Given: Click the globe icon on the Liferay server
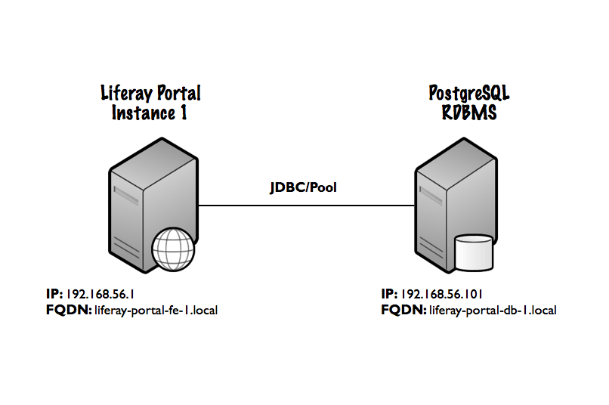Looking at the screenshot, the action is click(x=173, y=249).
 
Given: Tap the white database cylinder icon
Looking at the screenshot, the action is click(x=474, y=252).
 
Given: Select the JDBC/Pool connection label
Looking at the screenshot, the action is click(x=303, y=187).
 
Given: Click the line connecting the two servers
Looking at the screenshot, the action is click(x=307, y=206).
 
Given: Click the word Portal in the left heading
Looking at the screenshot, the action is click(x=178, y=93).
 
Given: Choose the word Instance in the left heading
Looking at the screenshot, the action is click(x=144, y=113).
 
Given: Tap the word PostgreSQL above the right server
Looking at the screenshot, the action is click(x=469, y=93).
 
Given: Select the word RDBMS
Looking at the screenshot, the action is click(x=469, y=113).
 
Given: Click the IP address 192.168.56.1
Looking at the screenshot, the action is click(x=100, y=295).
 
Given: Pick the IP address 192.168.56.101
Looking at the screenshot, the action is click(x=441, y=295).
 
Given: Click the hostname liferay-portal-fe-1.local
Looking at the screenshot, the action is click(x=156, y=311).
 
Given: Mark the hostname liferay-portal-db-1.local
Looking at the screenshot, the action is click(x=493, y=311).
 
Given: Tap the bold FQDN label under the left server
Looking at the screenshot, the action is click(x=69, y=311).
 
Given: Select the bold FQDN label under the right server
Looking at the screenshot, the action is click(x=404, y=311).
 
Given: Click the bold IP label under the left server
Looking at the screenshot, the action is click(x=54, y=295).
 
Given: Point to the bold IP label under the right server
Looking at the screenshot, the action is click(x=390, y=295).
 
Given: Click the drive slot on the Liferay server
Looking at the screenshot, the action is click(x=126, y=196).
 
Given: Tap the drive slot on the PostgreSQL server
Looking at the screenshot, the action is click(x=431, y=196).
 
